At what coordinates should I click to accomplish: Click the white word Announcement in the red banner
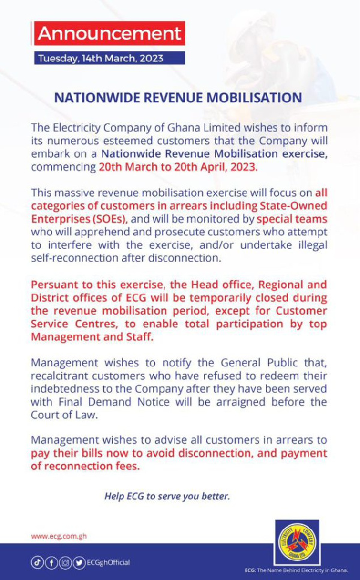109,33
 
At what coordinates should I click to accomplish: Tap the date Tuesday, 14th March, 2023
100,59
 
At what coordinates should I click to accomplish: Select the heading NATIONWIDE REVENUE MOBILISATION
178,97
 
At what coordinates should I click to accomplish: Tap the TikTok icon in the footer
38,563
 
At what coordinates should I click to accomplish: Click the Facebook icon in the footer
51,563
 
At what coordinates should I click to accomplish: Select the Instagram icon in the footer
65,563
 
